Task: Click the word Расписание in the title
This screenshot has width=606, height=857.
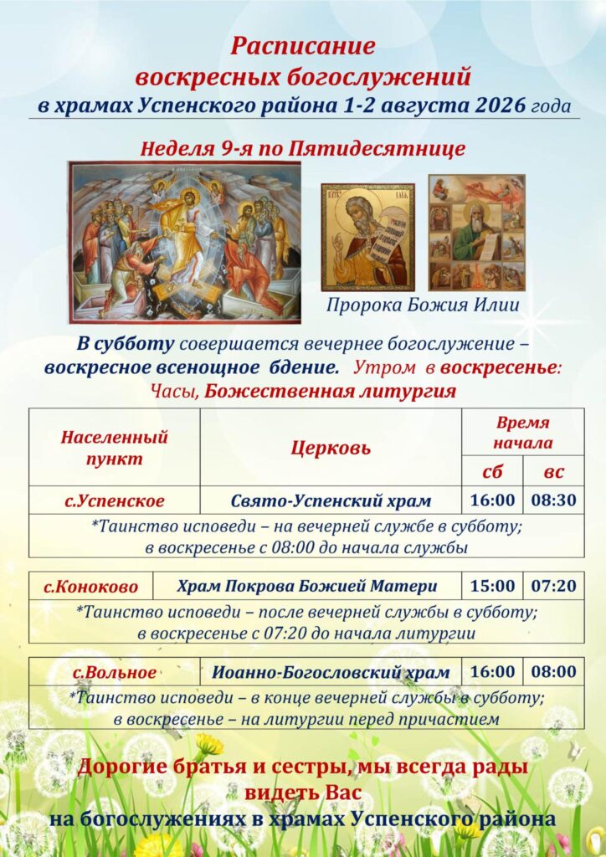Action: point(303,47)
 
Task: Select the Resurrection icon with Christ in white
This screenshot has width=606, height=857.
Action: point(185,242)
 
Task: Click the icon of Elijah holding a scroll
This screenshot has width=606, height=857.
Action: point(367,237)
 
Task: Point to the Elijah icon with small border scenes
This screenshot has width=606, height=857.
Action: point(477,233)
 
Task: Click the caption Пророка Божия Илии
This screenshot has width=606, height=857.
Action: point(423,305)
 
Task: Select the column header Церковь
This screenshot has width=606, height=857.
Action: point(331,449)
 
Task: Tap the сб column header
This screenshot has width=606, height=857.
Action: point(492,472)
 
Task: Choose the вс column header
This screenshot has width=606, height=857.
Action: point(553,472)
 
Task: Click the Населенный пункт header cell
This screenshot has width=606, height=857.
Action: point(114,448)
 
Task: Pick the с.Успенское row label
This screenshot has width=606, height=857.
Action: point(114,500)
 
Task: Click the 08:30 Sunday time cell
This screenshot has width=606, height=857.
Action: point(553,500)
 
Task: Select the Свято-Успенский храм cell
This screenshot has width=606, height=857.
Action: point(331,500)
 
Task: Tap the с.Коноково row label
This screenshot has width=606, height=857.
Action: point(90,587)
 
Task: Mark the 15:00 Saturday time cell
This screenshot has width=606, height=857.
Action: point(492,586)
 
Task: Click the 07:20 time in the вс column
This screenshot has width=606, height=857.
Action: point(553,586)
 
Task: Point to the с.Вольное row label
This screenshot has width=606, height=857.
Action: point(115,672)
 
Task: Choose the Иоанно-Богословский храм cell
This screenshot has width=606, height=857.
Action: point(331,672)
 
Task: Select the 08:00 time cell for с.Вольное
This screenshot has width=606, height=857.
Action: point(553,672)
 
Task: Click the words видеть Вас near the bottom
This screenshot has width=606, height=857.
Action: point(303,793)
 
